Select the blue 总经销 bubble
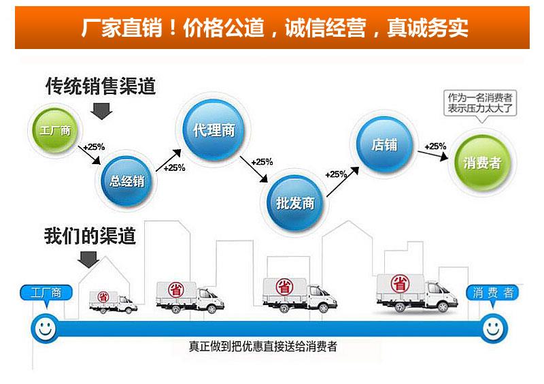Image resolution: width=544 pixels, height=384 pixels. (x=127, y=180)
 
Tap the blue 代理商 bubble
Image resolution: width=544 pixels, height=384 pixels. (x=213, y=129)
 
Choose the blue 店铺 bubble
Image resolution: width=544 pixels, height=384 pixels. (x=383, y=145)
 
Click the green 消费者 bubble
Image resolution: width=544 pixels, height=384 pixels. (x=482, y=162)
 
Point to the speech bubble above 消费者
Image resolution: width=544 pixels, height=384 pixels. (x=479, y=103)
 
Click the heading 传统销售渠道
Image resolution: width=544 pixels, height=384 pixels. (x=100, y=86)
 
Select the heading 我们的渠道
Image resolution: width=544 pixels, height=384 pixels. (x=90, y=236)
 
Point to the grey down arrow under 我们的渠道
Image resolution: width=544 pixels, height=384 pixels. (x=88, y=258)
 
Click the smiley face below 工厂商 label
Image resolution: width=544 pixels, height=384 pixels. (x=46, y=330)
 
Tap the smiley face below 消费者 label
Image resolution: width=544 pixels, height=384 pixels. (x=494, y=330)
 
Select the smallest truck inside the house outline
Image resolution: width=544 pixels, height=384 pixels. (x=113, y=301)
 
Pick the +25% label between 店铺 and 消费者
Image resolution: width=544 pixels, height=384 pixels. (x=435, y=146)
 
